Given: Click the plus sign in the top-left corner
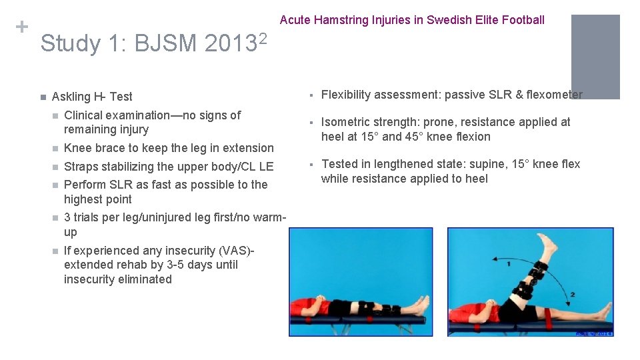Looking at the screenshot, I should pos(21,27).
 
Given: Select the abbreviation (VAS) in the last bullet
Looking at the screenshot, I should pos(239,251).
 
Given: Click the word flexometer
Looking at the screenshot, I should pos(554,95).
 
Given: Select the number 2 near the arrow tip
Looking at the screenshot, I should pos(573,294).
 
